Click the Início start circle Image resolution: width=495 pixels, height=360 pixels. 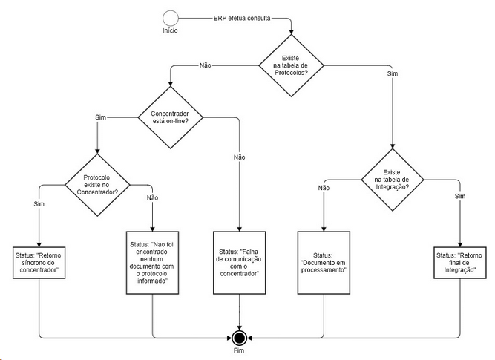point(171,19)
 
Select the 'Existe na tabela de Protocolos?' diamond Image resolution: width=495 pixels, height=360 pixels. point(292,65)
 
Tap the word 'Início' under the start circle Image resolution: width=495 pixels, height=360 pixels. point(171,31)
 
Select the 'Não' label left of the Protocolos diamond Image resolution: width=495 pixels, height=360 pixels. point(206,65)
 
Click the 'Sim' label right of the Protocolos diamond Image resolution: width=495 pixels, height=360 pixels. point(392,74)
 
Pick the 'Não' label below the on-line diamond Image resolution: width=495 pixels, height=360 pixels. point(239,157)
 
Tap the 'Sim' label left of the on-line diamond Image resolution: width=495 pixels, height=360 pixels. point(101,117)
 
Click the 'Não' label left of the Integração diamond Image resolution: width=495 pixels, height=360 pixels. point(324,188)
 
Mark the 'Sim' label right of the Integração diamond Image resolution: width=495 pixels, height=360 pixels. point(459,196)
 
